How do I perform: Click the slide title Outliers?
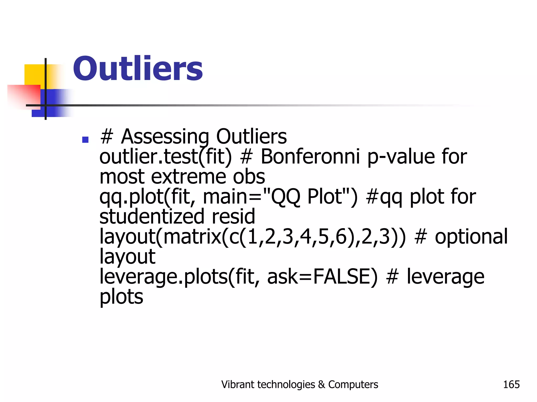click(138, 69)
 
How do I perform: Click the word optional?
click(471, 237)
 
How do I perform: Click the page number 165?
click(511, 384)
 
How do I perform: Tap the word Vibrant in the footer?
click(238, 384)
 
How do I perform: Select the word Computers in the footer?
click(353, 384)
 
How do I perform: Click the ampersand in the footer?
click(321, 384)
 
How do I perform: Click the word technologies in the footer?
click(286, 384)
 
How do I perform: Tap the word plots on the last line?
click(121, 297)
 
